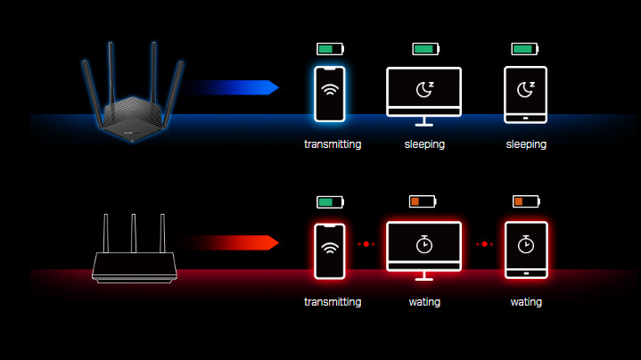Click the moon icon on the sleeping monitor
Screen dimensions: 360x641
pyautogui.click(x=423, y=89)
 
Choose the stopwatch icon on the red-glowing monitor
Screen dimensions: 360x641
pyautogui.click(x=423, y=242)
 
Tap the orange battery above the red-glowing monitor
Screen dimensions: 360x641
pyautogui.click(x=423, y=202)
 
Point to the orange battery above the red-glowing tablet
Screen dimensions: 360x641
pyautogui.click(x=526, y=202)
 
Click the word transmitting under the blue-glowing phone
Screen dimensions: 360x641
pyautogui.click(x=333, y=143)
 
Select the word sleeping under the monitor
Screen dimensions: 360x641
pyautogui.click(x=423, y=143)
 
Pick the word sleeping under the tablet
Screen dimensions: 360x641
pyautogui.click(x=526, y=143)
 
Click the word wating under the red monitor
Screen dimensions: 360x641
pyautogui.click(x=423, y=302)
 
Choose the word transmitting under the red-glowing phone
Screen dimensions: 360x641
pyautogui.click(x=333, y=302)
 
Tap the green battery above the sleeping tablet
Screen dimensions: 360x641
pyautogui.click(x=526, y=49)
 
